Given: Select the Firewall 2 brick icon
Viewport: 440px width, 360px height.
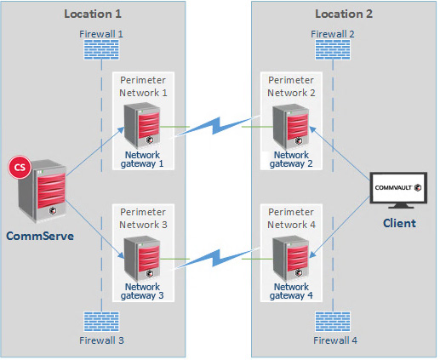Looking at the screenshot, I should click(x=333, y=50).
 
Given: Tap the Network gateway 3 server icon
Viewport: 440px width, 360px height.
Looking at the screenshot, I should click(x=140, y=258).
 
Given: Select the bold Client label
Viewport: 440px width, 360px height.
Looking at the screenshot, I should click(x=398, y=223).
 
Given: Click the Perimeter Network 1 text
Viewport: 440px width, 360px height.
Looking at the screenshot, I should click(x=144, y=85).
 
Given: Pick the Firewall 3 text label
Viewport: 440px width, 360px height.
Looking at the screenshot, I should click(x=102, y=341).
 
